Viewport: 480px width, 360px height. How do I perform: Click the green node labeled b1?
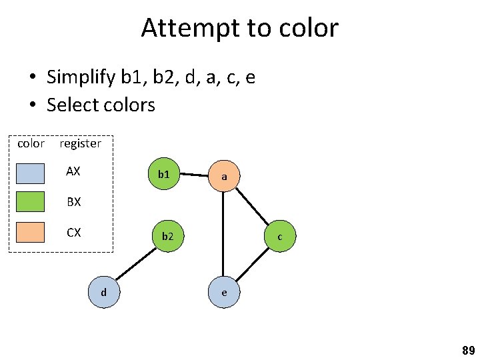(x=163, y=175)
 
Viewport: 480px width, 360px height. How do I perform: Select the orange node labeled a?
(x=224, y=177)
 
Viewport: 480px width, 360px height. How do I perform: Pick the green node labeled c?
(x=280, y=237)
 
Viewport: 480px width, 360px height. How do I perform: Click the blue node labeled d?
(x=103, y=291)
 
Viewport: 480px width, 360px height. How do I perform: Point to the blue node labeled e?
(x=224, y=292)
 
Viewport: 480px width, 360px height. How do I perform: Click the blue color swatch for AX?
(x=31, y=173)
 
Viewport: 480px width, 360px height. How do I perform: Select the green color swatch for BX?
(x=31, y=201)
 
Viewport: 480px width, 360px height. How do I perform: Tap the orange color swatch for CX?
(x=31, y=232)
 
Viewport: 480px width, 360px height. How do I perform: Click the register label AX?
(x=73, y=171)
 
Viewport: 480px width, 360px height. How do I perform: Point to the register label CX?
(x=73, y=233)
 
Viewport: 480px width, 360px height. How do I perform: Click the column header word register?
(x=80, y=143)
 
